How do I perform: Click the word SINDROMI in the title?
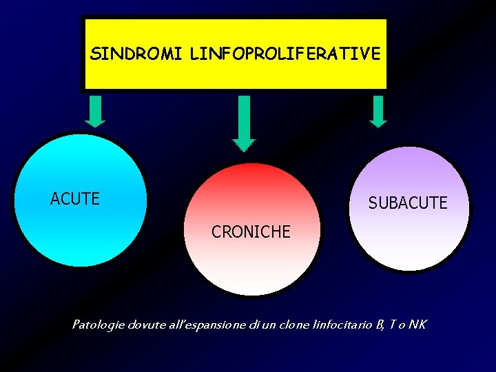(127, 54)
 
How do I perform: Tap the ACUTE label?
(75, 199)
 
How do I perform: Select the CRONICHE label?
(251, 232)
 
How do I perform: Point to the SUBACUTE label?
(408, 203)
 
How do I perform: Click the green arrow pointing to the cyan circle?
(96, 110)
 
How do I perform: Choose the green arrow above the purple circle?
(378, 110)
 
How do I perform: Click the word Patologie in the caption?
(97, 324)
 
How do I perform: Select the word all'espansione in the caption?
(205, 324)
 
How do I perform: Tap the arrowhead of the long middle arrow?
(243, 145)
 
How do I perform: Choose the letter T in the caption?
(391, 324)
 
